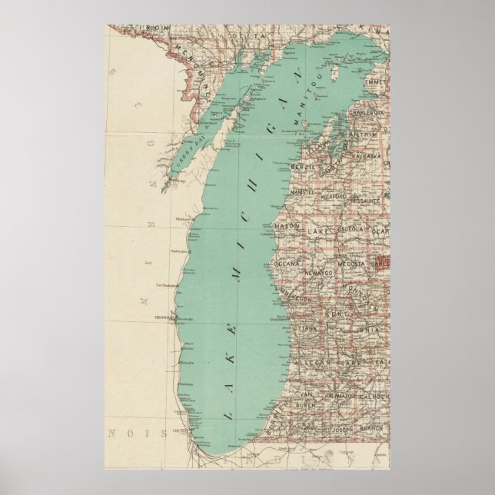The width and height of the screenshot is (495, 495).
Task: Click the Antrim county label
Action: click(x=364, y=134)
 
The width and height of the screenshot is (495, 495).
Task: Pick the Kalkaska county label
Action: click(x=366, y=154)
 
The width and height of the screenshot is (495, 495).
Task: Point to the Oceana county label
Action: click(x=287, y=263)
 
